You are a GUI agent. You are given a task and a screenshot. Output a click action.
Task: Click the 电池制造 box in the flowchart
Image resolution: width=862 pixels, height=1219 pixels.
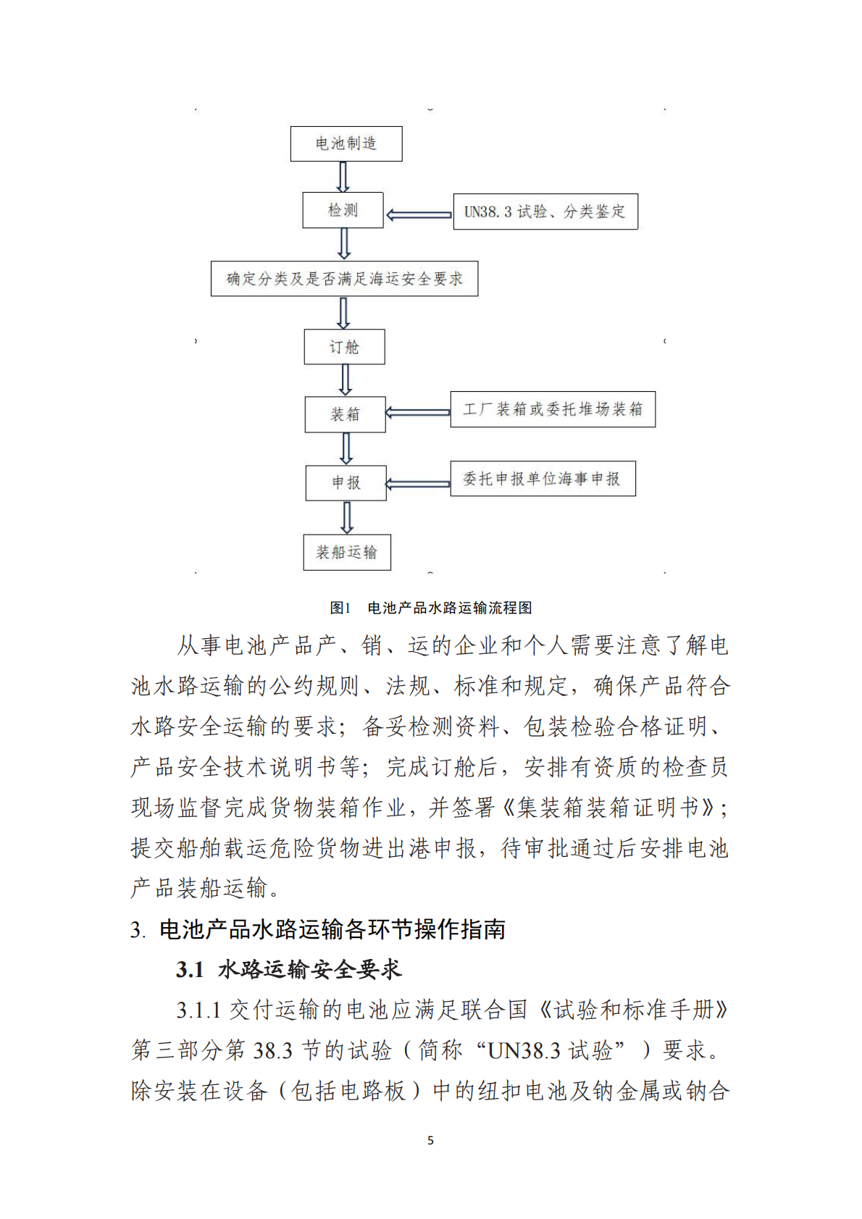tap(346, 143)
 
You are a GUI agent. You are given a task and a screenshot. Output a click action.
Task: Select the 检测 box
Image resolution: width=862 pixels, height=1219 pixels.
tap(343, 210)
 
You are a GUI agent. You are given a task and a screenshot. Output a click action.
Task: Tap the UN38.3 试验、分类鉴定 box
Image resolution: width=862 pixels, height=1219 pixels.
tap(545, 211)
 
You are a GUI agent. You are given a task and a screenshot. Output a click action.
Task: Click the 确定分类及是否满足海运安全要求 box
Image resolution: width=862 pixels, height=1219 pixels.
tap(344, 279)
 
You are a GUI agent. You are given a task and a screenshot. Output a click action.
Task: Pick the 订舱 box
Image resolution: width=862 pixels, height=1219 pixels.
tap(344, 347)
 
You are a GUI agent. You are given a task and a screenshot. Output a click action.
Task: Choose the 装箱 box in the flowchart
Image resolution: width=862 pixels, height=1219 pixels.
tap(345, 414)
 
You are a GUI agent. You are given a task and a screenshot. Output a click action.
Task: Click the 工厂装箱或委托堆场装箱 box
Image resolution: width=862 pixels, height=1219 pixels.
tap(553, 409)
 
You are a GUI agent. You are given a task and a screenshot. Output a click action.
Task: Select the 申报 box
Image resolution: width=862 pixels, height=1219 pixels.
tap(346, 483)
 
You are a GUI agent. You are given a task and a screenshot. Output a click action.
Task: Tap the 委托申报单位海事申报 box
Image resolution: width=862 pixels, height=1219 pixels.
tap(543, 479)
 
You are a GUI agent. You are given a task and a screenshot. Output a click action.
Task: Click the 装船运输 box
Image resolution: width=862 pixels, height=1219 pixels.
tap(347, 553)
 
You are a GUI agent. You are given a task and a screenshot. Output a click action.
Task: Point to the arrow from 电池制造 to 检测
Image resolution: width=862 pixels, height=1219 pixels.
tap(343, 177)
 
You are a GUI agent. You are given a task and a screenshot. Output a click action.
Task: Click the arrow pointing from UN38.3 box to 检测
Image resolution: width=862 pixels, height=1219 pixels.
tap(419, 215)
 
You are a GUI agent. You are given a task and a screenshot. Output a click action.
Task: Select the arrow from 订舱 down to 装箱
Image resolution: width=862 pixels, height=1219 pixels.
tap(346, 380)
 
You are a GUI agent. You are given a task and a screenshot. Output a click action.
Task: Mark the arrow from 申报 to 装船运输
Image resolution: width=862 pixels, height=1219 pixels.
tap(347, 517)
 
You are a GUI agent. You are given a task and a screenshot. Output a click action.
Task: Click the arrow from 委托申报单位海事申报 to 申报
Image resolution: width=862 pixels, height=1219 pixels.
tap(418, 484)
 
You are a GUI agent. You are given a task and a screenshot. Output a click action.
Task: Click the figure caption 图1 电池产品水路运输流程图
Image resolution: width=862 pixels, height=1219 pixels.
tap(431, 608)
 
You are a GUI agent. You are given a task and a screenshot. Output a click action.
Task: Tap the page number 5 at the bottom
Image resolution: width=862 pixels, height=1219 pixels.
tap(431, 1140)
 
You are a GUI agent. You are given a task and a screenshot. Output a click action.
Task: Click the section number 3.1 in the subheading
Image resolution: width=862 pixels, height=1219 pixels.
tap(190, 970)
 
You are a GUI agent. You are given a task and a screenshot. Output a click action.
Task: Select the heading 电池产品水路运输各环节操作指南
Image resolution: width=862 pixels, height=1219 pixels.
tap(332, 929)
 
